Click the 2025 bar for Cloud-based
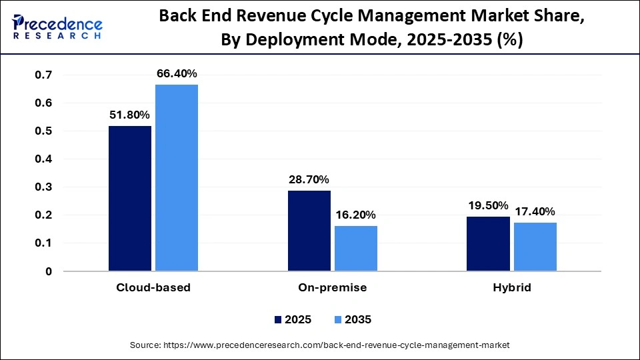point(130,199)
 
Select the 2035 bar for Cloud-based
point(177,178)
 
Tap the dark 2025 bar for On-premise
point(309,231)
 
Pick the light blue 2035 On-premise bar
point(356,248)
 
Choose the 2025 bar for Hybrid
point(489,243)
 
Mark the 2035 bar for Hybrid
point(535,247)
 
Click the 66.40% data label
point(177,74)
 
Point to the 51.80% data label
point(130,115)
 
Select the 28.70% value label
point(309,180)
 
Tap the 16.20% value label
point(356,215)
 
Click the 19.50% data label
point(488,205)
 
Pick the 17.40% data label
point(535,211)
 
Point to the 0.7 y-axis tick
point(43,75)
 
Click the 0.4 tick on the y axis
point(43,159)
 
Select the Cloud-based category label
point(154,288)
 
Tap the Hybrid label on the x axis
point(512,288)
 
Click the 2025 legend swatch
point(278,320)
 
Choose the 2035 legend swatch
point(339,320)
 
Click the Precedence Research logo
point(57,27)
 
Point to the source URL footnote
point(320,345)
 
